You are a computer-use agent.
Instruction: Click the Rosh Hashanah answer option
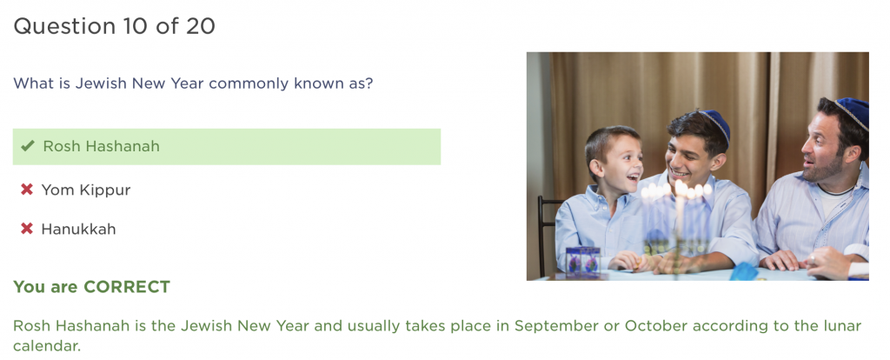coord(227,146)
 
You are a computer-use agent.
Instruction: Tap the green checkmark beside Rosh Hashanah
coord(27,146)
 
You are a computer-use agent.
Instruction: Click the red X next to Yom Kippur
coord(27,190)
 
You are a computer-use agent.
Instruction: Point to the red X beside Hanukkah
coord(27,229)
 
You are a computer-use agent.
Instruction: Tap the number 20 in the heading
coord(201,26)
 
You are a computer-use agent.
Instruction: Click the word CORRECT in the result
coord(127,287)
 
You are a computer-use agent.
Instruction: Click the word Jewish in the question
coord(101,83)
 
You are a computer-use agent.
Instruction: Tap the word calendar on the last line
coord(47,346)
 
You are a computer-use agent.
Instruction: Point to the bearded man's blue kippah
coord(853,112)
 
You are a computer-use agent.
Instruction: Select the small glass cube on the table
coord(583,262)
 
